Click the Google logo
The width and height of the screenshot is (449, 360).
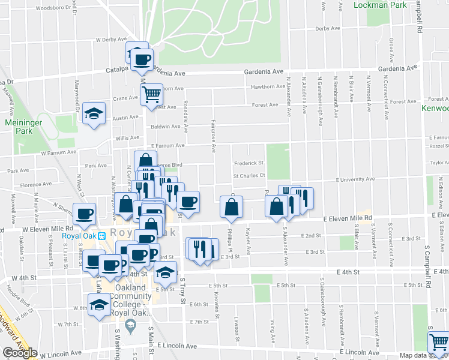(20, 353)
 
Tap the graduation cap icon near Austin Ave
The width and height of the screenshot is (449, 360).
(94, 113)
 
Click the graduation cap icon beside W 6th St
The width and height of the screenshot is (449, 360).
(99, 305)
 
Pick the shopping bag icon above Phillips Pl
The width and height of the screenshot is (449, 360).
(231, 207)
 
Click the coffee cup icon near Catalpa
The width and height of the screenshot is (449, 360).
(142, 59)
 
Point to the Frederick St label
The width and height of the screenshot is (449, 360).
(249, 163)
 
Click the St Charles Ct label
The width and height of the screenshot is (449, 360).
(249, 176)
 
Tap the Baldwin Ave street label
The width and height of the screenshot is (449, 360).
(166, 127)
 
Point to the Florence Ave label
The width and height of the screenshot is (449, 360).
(35, 185)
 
